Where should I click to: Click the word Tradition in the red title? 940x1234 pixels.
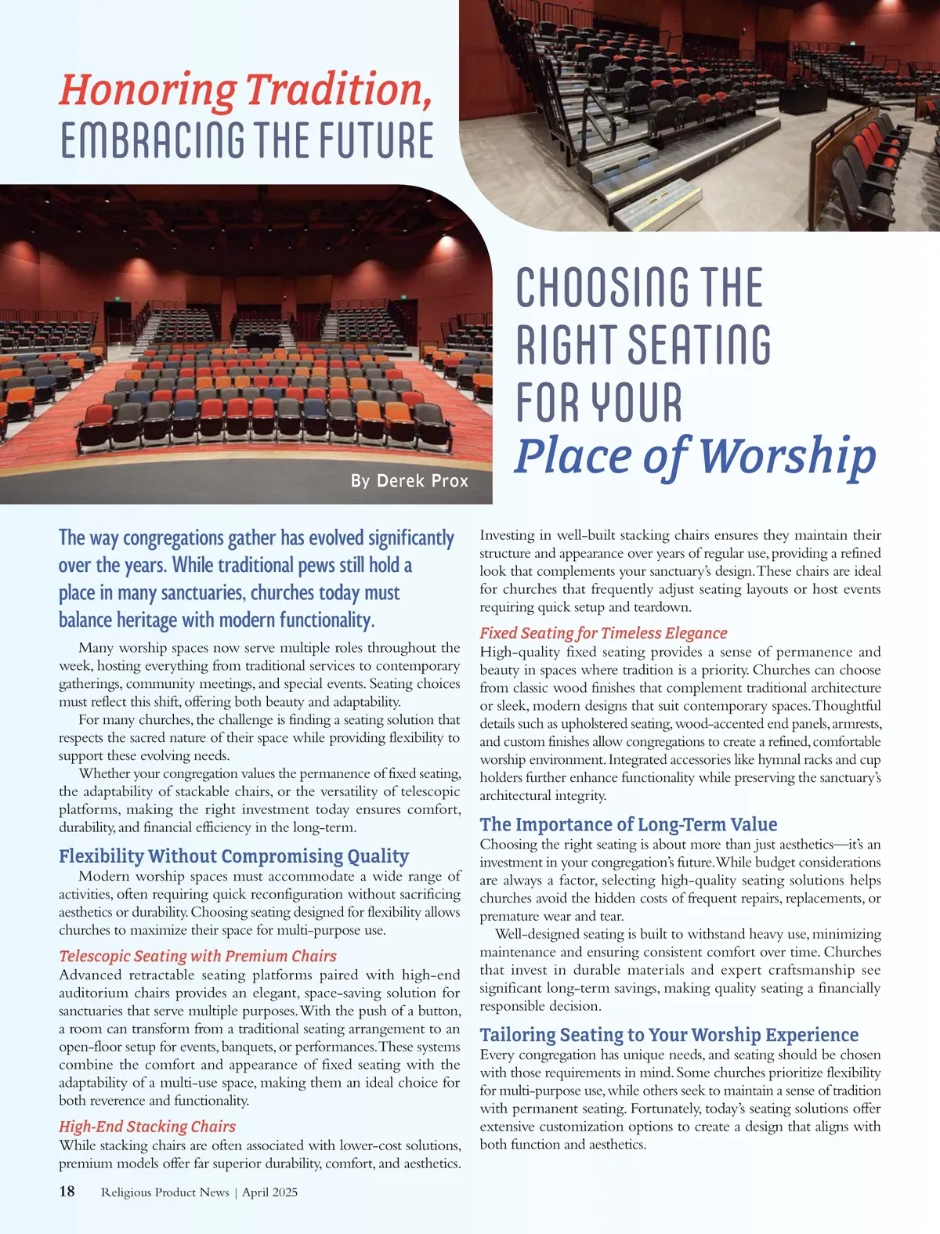tap(338, 89)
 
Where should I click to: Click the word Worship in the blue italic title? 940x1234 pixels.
tap(786, 455)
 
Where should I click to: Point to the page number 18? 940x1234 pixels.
tap(67, 1192)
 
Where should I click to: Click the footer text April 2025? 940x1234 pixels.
tap(269, 1192)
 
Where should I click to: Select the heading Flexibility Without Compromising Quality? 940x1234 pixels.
tap(233, 856)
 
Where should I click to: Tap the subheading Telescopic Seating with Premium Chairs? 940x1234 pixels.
tap(197, 956)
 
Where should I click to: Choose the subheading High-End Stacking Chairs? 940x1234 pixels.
tap(147, 1127)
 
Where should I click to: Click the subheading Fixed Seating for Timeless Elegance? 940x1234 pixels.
tap(603, 633)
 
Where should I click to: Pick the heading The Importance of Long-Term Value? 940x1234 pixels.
tap(628, 824)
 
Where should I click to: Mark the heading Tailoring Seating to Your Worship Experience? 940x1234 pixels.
tap(669, 1035)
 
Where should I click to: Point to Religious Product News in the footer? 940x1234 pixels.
tap(164, 1192)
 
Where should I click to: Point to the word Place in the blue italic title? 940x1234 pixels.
tap(573, 455)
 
